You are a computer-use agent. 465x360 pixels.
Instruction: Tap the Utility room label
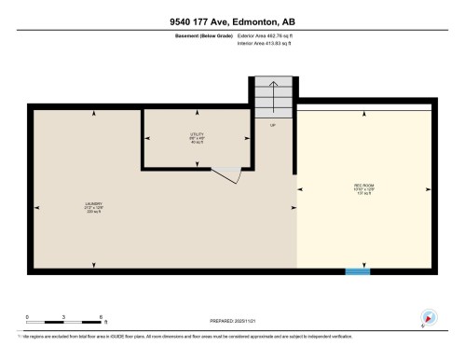197,137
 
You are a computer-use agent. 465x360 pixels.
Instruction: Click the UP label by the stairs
273,124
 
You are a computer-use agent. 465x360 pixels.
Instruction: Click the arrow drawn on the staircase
273,93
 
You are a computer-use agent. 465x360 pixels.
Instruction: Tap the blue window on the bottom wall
357,271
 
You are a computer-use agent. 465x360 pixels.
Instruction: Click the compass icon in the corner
430,317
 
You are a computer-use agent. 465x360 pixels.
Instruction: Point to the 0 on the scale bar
27,317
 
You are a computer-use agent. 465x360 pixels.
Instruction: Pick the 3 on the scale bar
63,317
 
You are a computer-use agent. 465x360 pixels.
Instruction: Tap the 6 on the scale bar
100,317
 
